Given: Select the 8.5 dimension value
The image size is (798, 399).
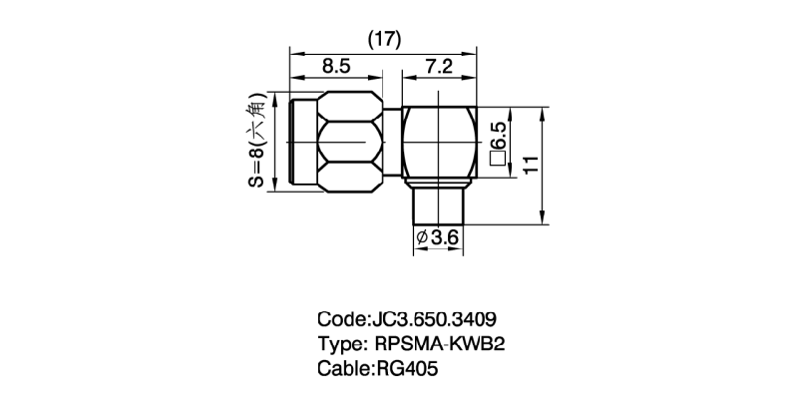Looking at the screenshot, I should (335, 68).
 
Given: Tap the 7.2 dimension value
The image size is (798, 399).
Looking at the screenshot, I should (440, 68).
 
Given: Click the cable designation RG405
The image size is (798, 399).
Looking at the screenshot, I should (406, 369).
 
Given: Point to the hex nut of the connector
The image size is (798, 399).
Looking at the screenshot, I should (352, 146).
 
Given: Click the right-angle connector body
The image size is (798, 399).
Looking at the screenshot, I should (440, 146).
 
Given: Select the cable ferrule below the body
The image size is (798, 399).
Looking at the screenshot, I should (438, 205).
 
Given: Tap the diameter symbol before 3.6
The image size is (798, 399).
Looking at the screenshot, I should (420, 238).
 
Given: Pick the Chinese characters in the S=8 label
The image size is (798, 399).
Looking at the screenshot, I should (256, 114).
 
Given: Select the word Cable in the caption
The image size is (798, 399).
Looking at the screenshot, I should (343, 369).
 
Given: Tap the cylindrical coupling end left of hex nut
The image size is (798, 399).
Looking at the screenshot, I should (303, 146).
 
